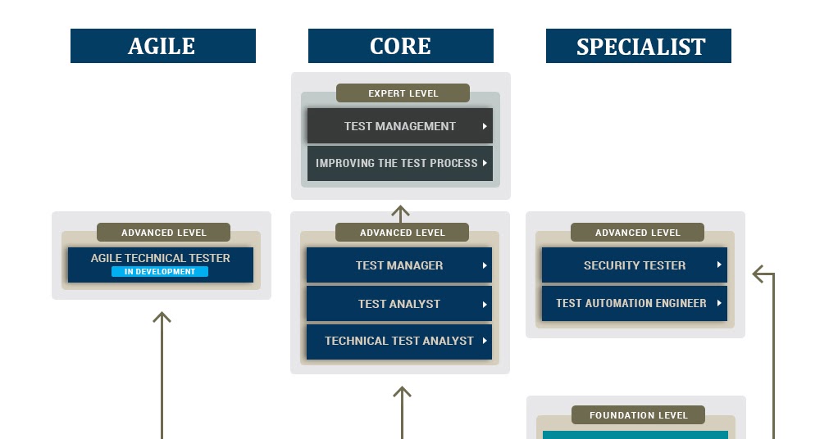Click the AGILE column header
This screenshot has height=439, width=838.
[162, 46]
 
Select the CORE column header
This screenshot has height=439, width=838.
[400, 46]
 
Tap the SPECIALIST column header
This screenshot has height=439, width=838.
[639, 46]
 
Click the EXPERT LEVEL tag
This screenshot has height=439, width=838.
[403, 93]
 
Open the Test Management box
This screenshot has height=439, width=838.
[399, 126]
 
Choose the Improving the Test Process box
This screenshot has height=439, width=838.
[399, 163]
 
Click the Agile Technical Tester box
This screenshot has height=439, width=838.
[160, 259]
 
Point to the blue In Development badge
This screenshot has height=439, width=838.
[160, 272]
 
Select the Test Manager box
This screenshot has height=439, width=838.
[399, 265]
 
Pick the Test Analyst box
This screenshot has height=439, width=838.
[399, 304]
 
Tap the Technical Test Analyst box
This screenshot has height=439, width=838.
[399, 341]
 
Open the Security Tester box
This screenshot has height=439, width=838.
[634, 265]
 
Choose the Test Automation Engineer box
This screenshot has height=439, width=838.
[634, 303]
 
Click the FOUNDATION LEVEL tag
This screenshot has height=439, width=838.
[638, 415]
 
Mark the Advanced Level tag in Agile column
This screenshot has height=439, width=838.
[163, 233]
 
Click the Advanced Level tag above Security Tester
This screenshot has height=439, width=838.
[637, 233]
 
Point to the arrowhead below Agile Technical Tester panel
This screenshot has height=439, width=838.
[162, 317]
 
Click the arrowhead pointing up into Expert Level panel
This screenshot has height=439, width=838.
[400, 210]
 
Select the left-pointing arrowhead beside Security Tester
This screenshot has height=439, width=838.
[758, 274]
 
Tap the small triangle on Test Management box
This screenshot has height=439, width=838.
[485, 126]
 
